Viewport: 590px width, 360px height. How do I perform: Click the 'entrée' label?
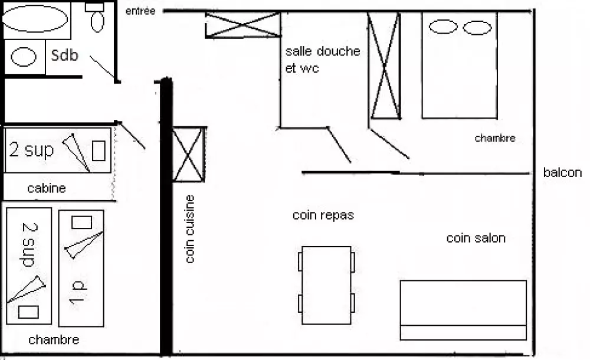tap(140, 11)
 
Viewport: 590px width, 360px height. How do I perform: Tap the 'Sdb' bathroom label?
tap(65, 55)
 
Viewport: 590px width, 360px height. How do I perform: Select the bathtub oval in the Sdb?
tap(35, 19)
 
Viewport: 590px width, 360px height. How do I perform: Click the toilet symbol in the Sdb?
tap(97, 19)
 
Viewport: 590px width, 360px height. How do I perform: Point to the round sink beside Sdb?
tap(24, 57)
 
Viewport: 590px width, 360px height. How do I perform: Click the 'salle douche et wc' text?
tap(322, 60)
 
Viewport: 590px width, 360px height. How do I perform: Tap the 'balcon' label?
tap(562, 173)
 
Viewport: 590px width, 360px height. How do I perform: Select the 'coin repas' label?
tap(323, 215)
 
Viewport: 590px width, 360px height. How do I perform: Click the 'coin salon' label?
tap(476, 238)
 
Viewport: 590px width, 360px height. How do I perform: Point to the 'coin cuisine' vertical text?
tap(190, 229)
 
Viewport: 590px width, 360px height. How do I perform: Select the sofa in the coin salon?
tap(463, 310)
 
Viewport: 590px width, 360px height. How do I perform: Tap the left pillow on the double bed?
tap(442, 27)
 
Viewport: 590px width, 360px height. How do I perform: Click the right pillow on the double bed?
tap(477, 27)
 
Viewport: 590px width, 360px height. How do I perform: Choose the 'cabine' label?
tap(47, 189)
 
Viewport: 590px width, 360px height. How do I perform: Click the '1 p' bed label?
tap(78, 292)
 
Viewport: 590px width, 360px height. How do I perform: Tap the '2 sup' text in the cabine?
tap(32, 150)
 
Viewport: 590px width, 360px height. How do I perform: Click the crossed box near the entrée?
tap(242, 25)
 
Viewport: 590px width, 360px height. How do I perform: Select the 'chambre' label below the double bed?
tap(495, 139)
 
